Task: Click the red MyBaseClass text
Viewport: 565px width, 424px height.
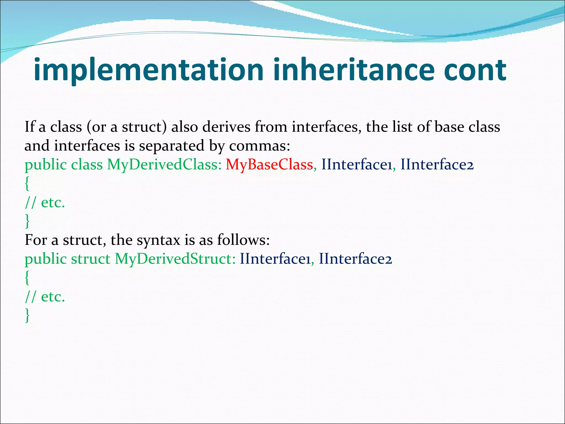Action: (x=269, y=165)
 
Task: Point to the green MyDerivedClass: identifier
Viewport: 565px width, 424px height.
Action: (x=164, y=165)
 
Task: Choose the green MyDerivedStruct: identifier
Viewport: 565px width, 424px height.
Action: (x=175, y=259)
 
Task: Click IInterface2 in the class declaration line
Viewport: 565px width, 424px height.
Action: (x=437, y=165)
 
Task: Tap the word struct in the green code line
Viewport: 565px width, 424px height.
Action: (x=90, y=259)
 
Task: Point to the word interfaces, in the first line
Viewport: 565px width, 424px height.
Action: (x=327, y=127)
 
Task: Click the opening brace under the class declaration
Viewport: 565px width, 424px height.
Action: (x=27, y=184)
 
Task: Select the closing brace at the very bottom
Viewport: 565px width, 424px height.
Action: (x=27, y=316)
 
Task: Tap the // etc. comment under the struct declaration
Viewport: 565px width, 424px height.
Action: (x=45, y=297)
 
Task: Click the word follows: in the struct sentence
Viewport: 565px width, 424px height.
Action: (x=243, y=240)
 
